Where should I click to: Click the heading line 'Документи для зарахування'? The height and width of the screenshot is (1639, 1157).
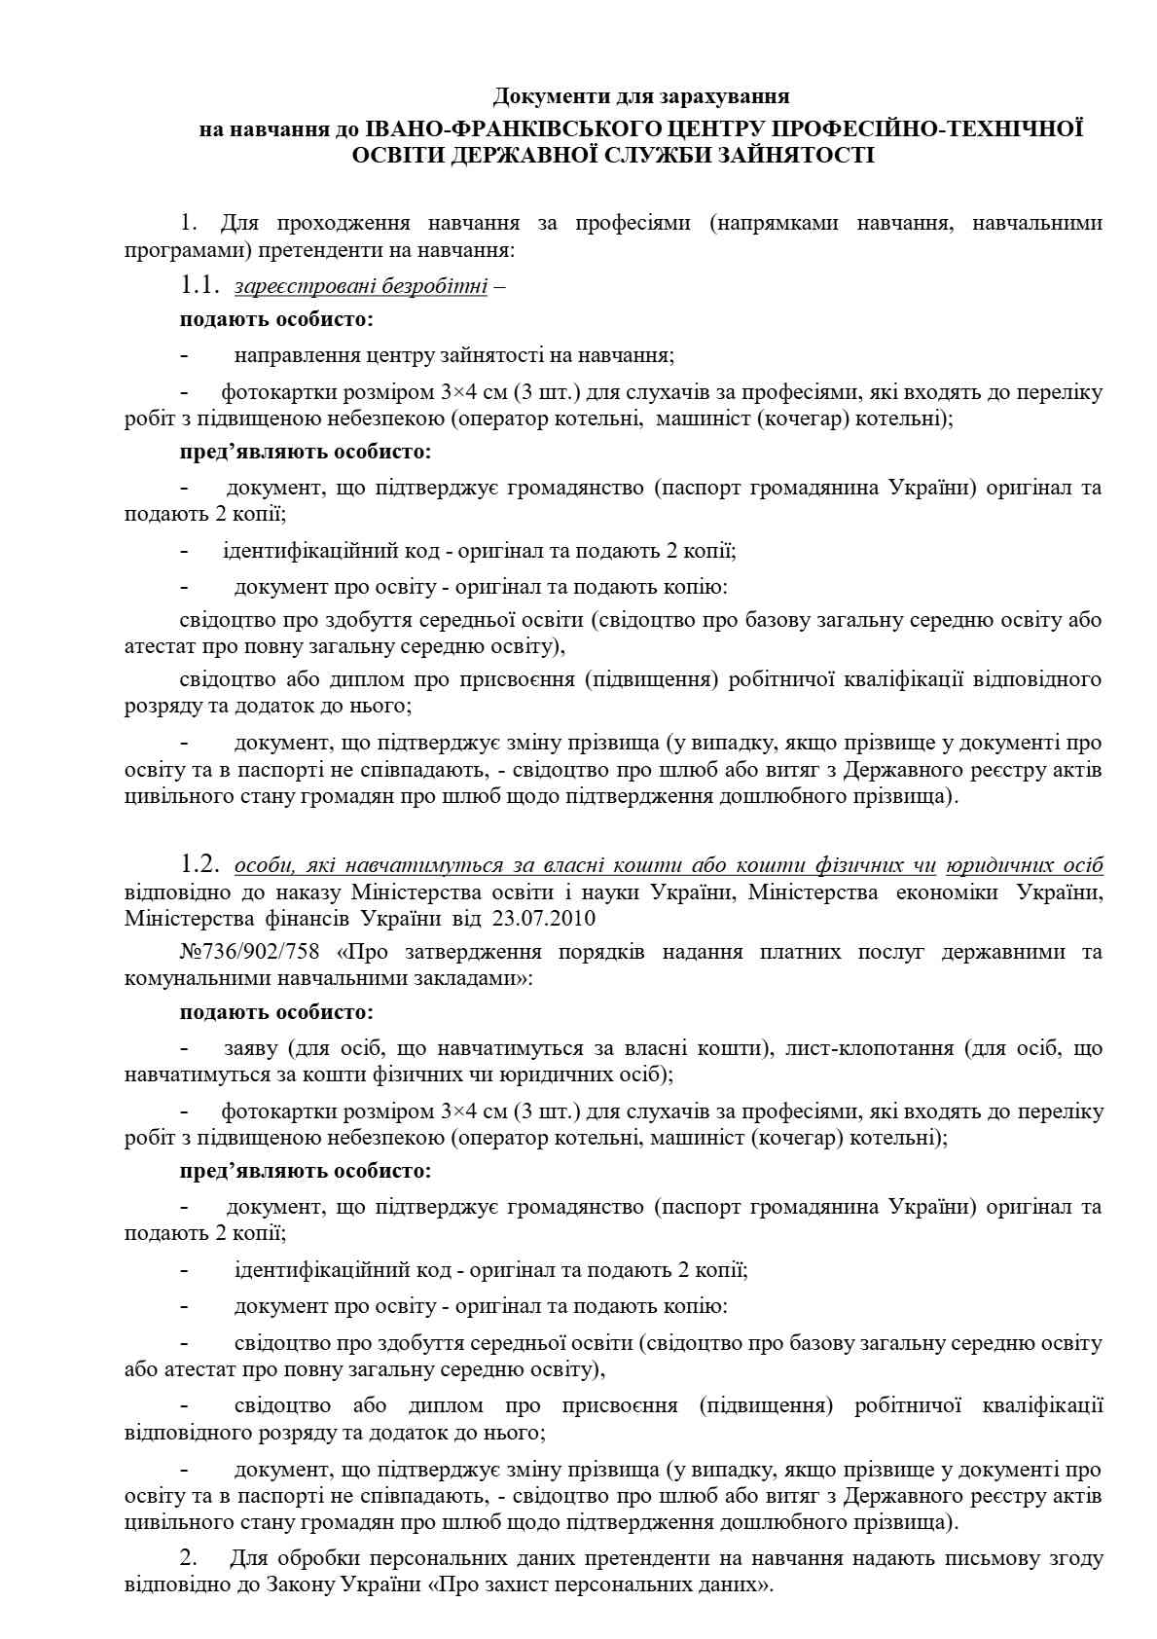(640, 95)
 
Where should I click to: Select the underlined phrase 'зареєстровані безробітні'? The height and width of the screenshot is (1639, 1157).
(360, 287)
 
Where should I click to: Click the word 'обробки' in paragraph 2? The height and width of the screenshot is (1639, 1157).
(340, 1558)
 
